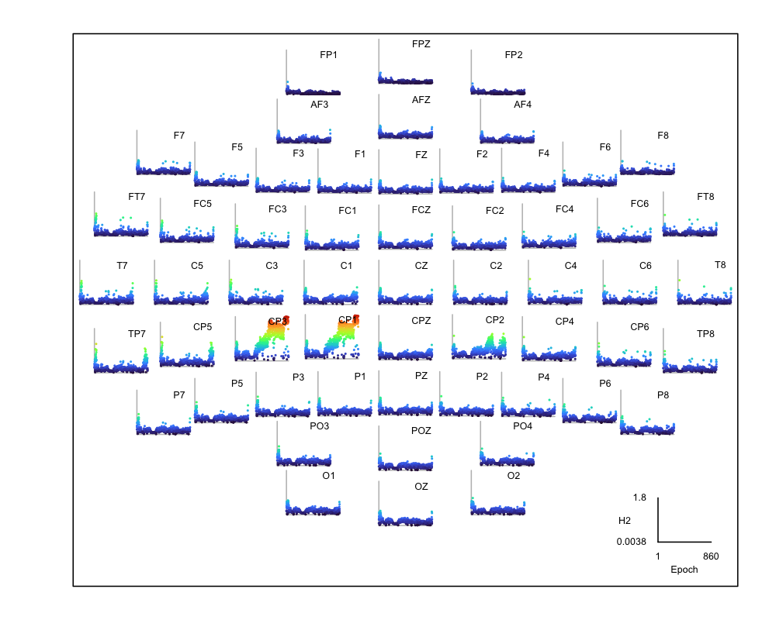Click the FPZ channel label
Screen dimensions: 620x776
coord(421,44)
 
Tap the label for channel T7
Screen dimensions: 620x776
coord(122,266)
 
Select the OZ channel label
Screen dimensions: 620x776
coord(421,487)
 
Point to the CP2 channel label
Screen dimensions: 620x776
coord(495,320)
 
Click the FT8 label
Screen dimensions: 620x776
coord(705,197)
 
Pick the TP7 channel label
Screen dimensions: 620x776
coord(137,334)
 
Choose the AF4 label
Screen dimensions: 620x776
coord(522,105)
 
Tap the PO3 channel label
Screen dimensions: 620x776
coord(320,425)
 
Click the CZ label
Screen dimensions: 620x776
coord(421,266)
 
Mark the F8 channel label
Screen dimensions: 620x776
coord(663,136)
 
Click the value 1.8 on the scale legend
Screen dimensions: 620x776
coord(639,498)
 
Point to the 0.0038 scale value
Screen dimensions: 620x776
coord(632,542)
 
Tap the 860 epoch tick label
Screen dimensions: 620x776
coord(711,556)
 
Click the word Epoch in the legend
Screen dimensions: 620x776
coord(684,570)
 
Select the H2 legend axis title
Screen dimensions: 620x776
coord(624,519)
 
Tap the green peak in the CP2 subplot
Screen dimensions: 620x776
coord(490,339)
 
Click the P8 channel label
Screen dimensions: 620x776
coord(663,395)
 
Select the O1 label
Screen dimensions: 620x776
coord(328,475)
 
